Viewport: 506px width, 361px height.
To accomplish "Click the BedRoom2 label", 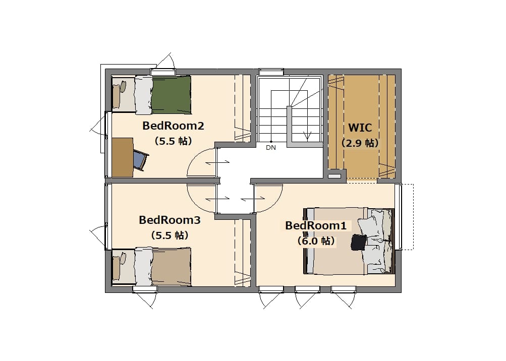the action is tap(174, 126).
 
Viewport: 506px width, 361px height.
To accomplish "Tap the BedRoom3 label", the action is tap(170, 220).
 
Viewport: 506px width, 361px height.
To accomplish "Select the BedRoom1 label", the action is tap(316, 225).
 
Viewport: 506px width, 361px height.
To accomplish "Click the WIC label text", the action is tap(360, 128).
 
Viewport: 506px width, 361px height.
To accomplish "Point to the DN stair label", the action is tap(271, 148).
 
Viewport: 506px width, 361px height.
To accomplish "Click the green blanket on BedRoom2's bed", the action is tap(172, 94).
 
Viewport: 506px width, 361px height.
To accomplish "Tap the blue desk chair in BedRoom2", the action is tap(140, 160).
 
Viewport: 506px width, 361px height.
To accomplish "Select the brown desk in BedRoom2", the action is tap(123, 157).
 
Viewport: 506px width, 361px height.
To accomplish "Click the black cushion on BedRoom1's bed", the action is tap(359, 243).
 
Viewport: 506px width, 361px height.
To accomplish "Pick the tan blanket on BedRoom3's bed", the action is tap(172, 267).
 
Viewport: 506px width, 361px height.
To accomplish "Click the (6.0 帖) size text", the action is tap(316, 241).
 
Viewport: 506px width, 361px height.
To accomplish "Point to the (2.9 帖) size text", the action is tap(360, 143).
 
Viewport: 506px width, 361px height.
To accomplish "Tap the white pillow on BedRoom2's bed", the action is tap(143, 94).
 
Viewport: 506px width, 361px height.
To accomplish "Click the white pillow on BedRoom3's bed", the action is tap(143, 267).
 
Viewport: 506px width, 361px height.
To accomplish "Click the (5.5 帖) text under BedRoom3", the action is tap(170, 235).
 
